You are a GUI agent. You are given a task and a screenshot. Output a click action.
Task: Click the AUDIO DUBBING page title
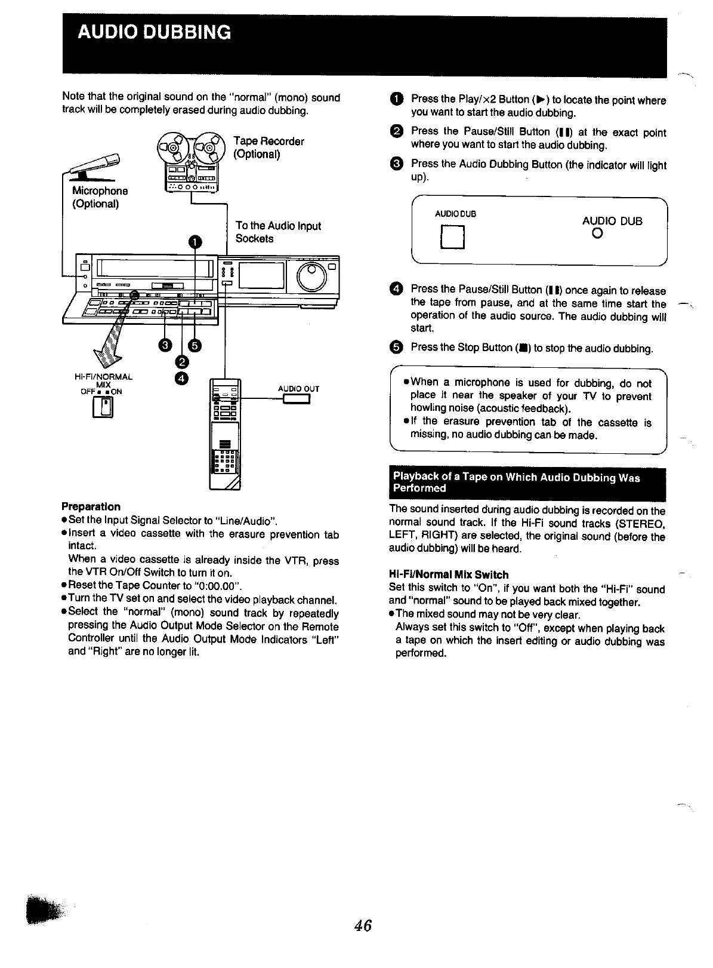[x=153, y=32]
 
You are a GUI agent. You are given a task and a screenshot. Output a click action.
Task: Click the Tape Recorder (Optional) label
[x=268, y=147]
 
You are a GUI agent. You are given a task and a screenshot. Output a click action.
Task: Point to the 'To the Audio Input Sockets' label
[x=277, y=232]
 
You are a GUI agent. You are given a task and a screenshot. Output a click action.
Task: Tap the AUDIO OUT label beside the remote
[x=298, y=389]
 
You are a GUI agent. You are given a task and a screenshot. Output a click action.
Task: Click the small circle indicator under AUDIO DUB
[x=597, y=234]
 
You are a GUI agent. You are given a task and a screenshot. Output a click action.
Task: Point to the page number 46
[x=363, y=925]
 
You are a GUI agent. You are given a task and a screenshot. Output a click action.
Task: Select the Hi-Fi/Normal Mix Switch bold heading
[x=448, y=574]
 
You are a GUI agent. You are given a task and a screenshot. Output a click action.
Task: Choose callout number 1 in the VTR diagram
[x=195, y=242]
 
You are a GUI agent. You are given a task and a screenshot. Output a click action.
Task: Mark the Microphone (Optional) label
[x=100, y=197]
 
